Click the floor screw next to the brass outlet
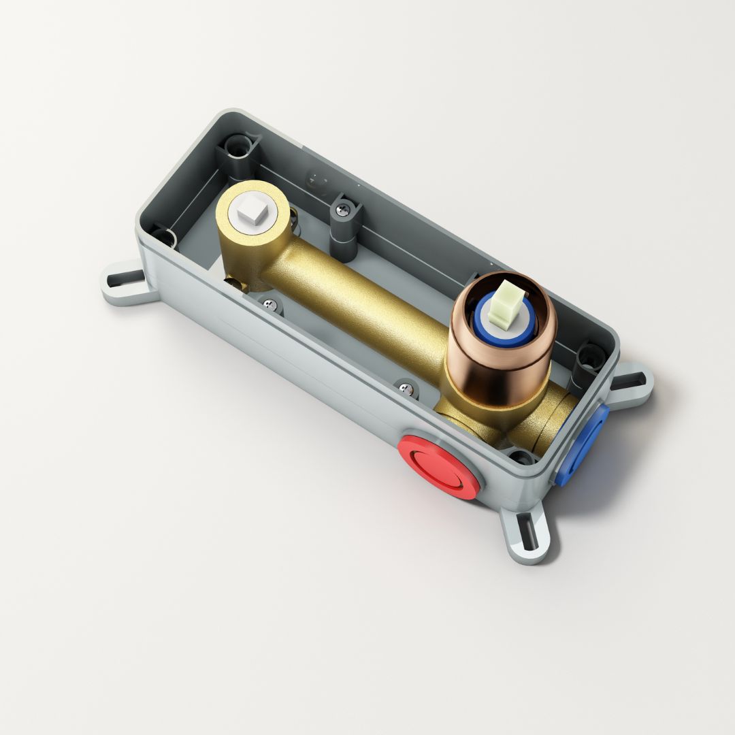272,306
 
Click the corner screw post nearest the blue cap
589,357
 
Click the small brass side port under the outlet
234,284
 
